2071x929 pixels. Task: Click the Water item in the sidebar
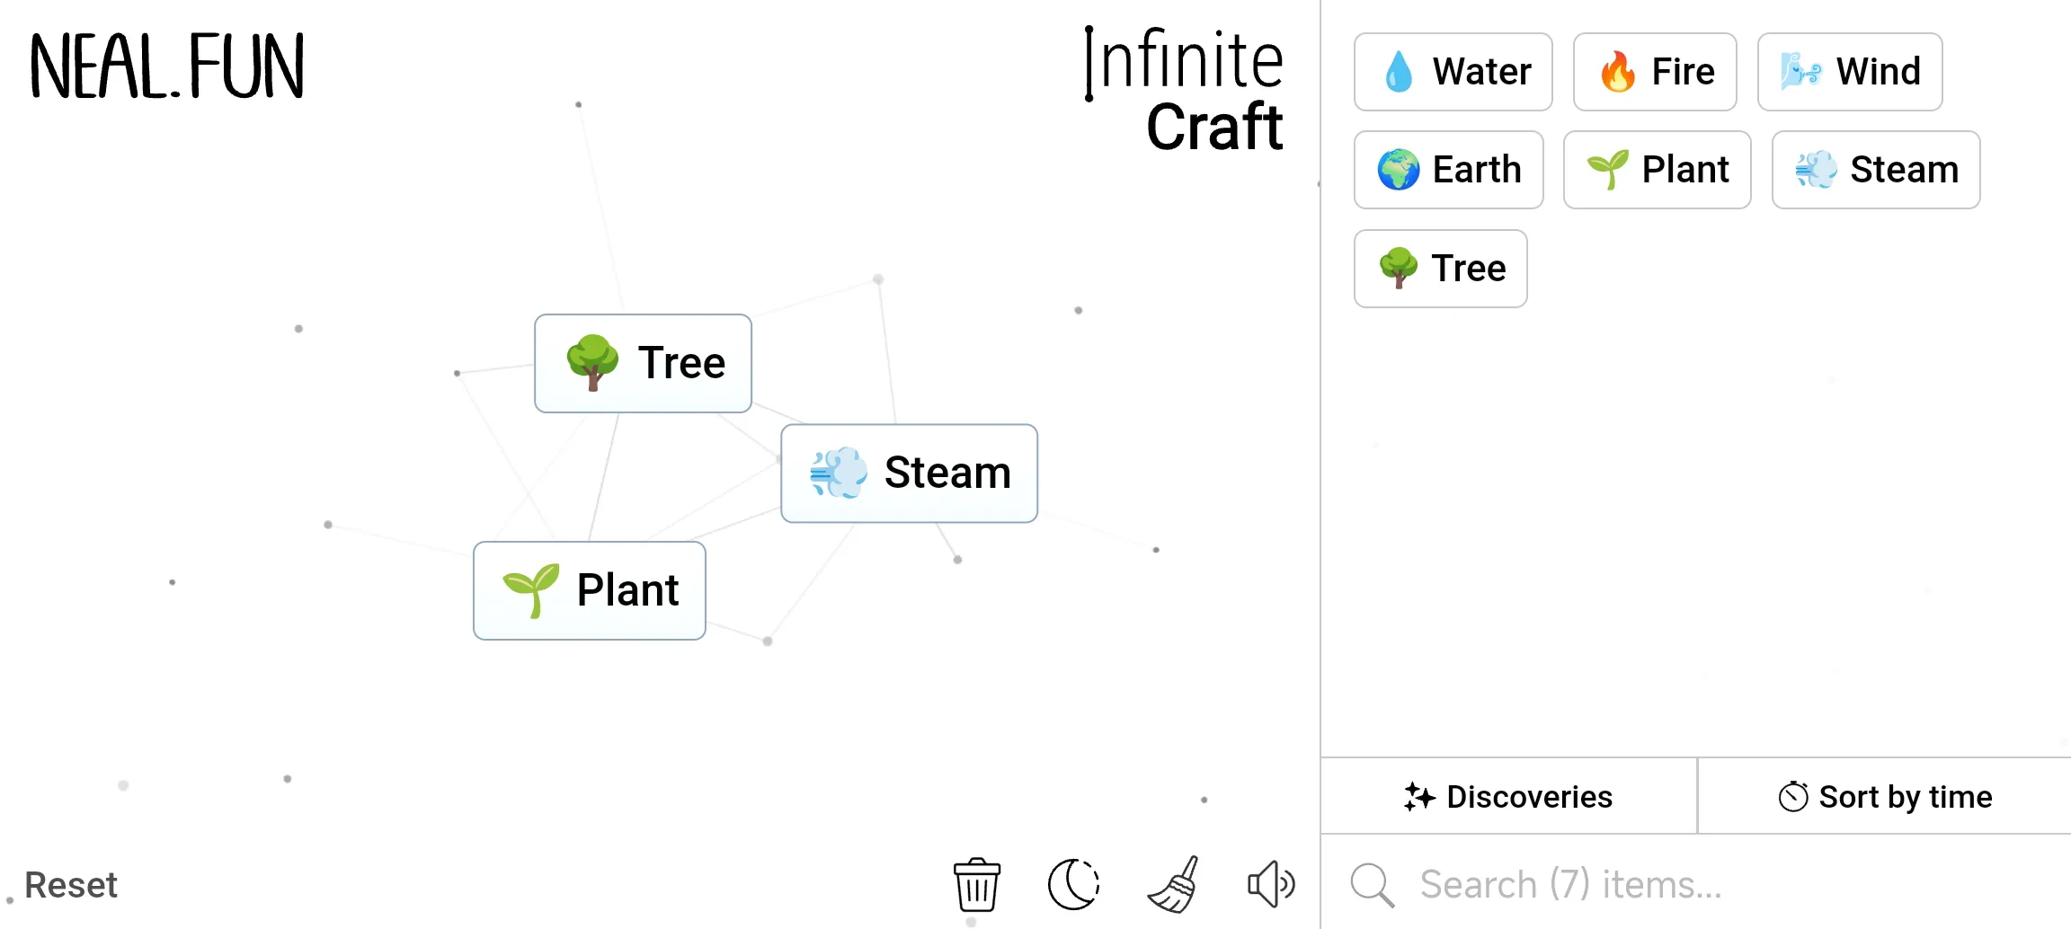(x=1453, y=72)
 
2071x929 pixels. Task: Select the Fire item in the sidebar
(x=1654, y=72)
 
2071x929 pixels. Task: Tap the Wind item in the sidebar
(x=1849, y=72)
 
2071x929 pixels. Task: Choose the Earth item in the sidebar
(x=1448, y=170)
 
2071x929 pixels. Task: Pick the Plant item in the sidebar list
(x=1657, y=170)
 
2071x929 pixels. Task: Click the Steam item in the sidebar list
(x=1875, y=170)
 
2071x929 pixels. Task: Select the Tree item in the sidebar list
(x=1440, y=269)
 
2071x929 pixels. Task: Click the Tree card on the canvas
(x=643, y=363)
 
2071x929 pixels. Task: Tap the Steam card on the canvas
(x=909, y=473)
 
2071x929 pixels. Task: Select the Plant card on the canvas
(x=589, y=590)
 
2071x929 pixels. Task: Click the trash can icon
(x=976, y=884)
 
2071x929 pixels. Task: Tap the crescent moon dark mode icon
(x=1073, y=884)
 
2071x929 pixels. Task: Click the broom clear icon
(x=1173, y=884)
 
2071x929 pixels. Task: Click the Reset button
(x=71, y=885)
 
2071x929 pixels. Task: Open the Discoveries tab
(x=1508, y=797)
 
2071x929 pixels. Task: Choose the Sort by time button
(x=1885, y=797)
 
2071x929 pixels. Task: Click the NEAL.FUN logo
(x=167, y=66)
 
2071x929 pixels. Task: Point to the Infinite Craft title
(x=1185, y=90)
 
